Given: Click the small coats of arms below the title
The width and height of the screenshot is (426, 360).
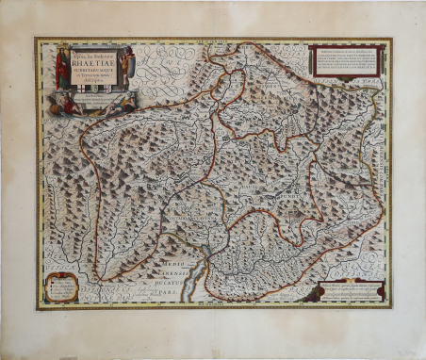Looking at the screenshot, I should (94, 88).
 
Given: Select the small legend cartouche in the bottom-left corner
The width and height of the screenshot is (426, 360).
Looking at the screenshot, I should (59, 286).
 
